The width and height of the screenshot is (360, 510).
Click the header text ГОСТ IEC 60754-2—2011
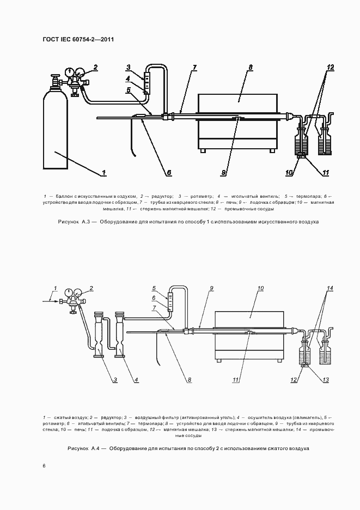tap(78, 40)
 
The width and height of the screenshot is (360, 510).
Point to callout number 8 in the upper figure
tap(250, 68)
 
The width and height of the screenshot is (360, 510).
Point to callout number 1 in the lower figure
tap(54, 288)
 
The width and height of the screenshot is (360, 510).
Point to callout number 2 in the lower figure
tap(91, 288)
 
